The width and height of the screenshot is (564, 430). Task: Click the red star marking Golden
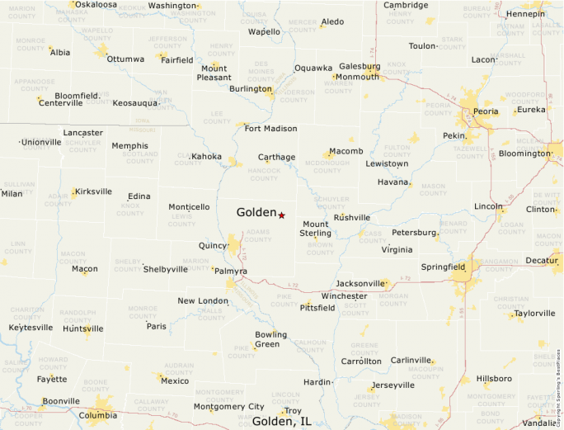click(281, 215)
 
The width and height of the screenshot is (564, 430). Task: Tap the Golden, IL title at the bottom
click(282, 421)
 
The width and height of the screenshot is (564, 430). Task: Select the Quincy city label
click(213, 246)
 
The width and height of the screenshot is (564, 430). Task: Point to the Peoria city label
click(486, 111)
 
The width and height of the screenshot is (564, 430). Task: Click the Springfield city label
click(443, 267)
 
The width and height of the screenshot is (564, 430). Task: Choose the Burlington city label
click(250, 88)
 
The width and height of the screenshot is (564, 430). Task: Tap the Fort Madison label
click(270, 129)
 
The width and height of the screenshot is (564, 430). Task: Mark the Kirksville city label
click(92, 191)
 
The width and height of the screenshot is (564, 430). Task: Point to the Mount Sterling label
click(316, 229)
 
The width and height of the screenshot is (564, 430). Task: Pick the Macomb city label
click(345, 152)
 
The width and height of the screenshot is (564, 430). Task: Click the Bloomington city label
click(524, 154)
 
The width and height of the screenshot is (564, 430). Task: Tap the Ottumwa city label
click(125, 59)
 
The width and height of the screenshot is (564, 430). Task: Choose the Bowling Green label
click(270, 339)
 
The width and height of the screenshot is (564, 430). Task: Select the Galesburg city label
click(360, 66)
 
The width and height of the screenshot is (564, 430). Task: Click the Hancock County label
click(264, 174)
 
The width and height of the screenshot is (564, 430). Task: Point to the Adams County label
click(258, 236)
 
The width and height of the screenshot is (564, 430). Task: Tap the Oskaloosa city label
click(94, 4)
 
